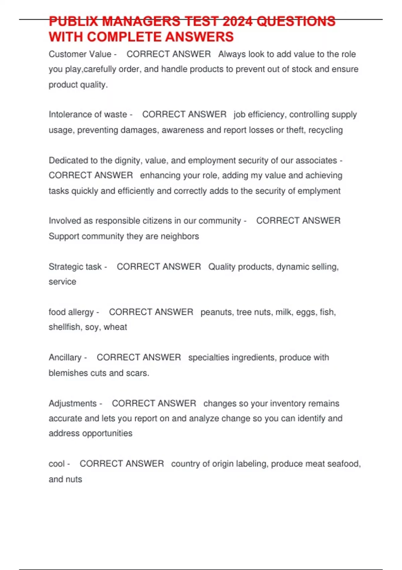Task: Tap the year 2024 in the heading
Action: tap(237, 21)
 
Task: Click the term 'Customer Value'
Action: tap(80, 54)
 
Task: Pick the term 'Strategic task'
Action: tap(75, 267)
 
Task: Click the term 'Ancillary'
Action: tap(65, 357)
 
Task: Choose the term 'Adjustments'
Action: tap(72, 403)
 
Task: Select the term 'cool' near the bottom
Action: tap(57, 464)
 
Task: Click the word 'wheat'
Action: tap(115, 327)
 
